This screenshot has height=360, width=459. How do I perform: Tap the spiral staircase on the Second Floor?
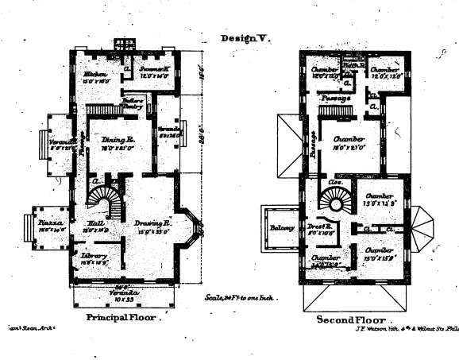click(x=340, y=203)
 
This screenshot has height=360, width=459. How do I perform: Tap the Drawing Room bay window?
click(x=192, y=229)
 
